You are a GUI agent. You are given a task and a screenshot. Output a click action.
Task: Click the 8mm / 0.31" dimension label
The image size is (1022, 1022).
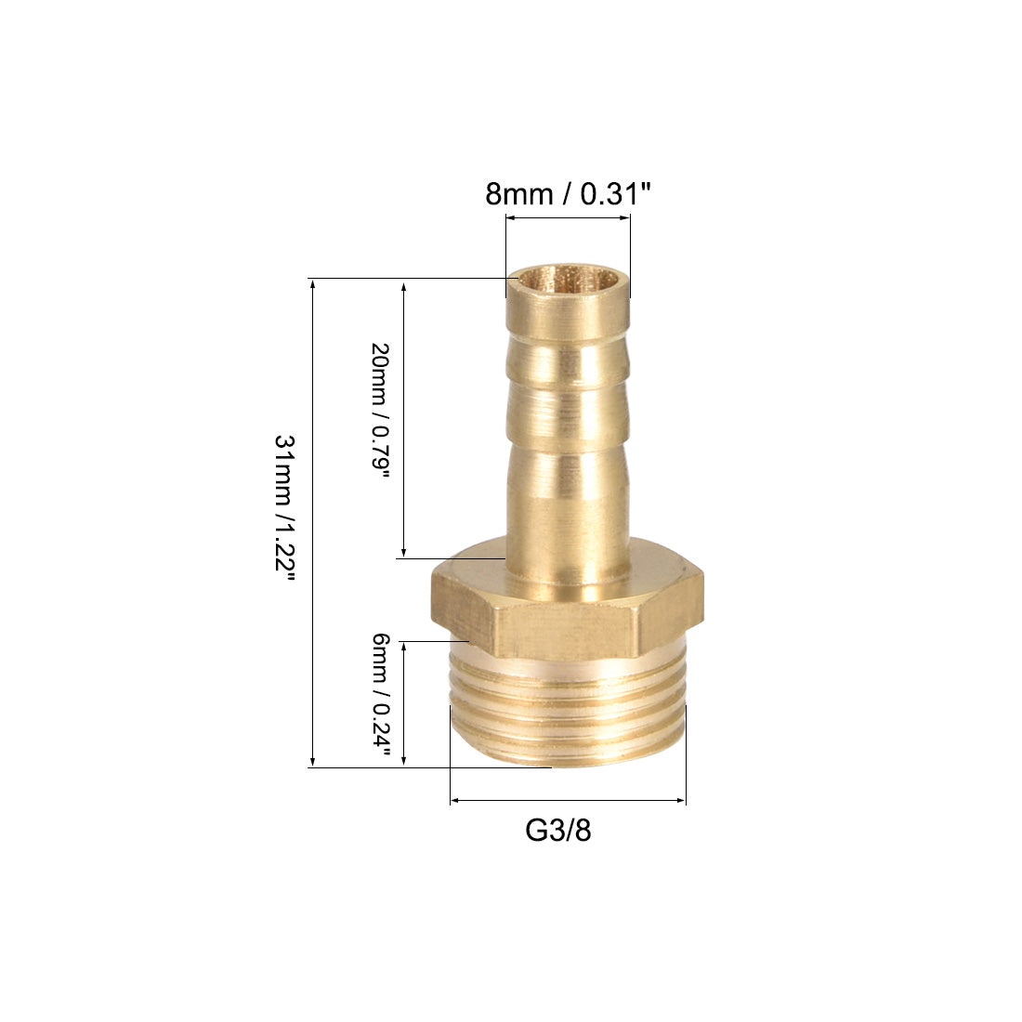568,194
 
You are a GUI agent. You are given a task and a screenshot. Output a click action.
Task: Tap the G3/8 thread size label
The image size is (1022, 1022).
558,831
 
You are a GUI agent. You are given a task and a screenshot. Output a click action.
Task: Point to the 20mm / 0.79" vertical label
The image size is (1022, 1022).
380,412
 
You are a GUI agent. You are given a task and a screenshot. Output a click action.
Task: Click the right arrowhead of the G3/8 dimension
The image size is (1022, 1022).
681,800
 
